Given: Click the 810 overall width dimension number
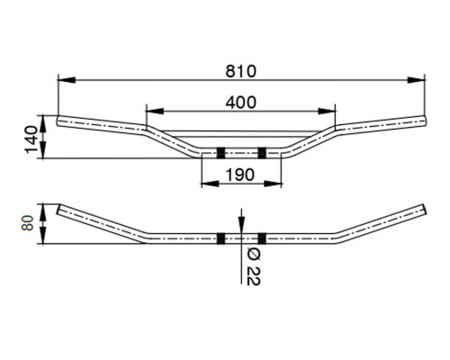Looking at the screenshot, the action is [241, 71].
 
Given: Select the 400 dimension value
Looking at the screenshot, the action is [241, 103].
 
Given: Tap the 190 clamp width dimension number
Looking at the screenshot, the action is [240, 175].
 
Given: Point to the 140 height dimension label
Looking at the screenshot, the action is [31, 139].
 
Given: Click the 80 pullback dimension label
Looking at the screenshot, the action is [27, 222].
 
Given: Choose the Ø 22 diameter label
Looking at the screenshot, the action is [254, 267].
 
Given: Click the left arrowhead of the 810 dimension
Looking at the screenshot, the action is [67, 80].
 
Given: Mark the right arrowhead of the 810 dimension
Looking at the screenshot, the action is [416, 80].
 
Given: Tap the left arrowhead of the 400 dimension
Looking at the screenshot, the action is [155, 112].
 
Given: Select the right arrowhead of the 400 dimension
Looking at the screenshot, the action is [327, 112].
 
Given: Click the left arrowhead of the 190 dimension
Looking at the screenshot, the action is [211, 184].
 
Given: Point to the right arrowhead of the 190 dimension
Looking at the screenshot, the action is [273, 184].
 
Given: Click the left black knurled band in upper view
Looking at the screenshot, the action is [221, 153].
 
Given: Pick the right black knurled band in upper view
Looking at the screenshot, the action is [262, 153].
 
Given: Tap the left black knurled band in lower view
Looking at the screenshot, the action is [221, 238].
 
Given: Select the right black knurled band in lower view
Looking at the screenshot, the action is [262, 238].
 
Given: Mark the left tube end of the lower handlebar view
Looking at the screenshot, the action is [59, 209].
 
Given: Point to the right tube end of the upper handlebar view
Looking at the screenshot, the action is [425, 120].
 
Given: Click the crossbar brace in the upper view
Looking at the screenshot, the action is [240, 134].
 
